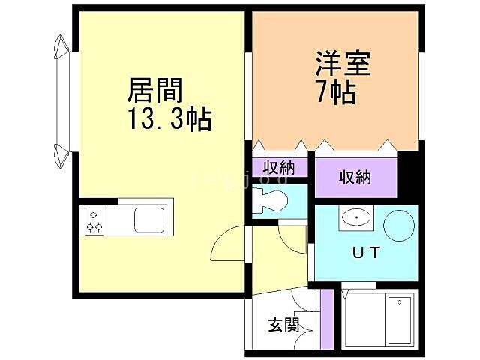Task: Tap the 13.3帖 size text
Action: click(x=170, y=118)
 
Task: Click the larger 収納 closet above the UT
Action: click(x=355, y=178)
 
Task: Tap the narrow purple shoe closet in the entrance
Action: click(x=325, y=319)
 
